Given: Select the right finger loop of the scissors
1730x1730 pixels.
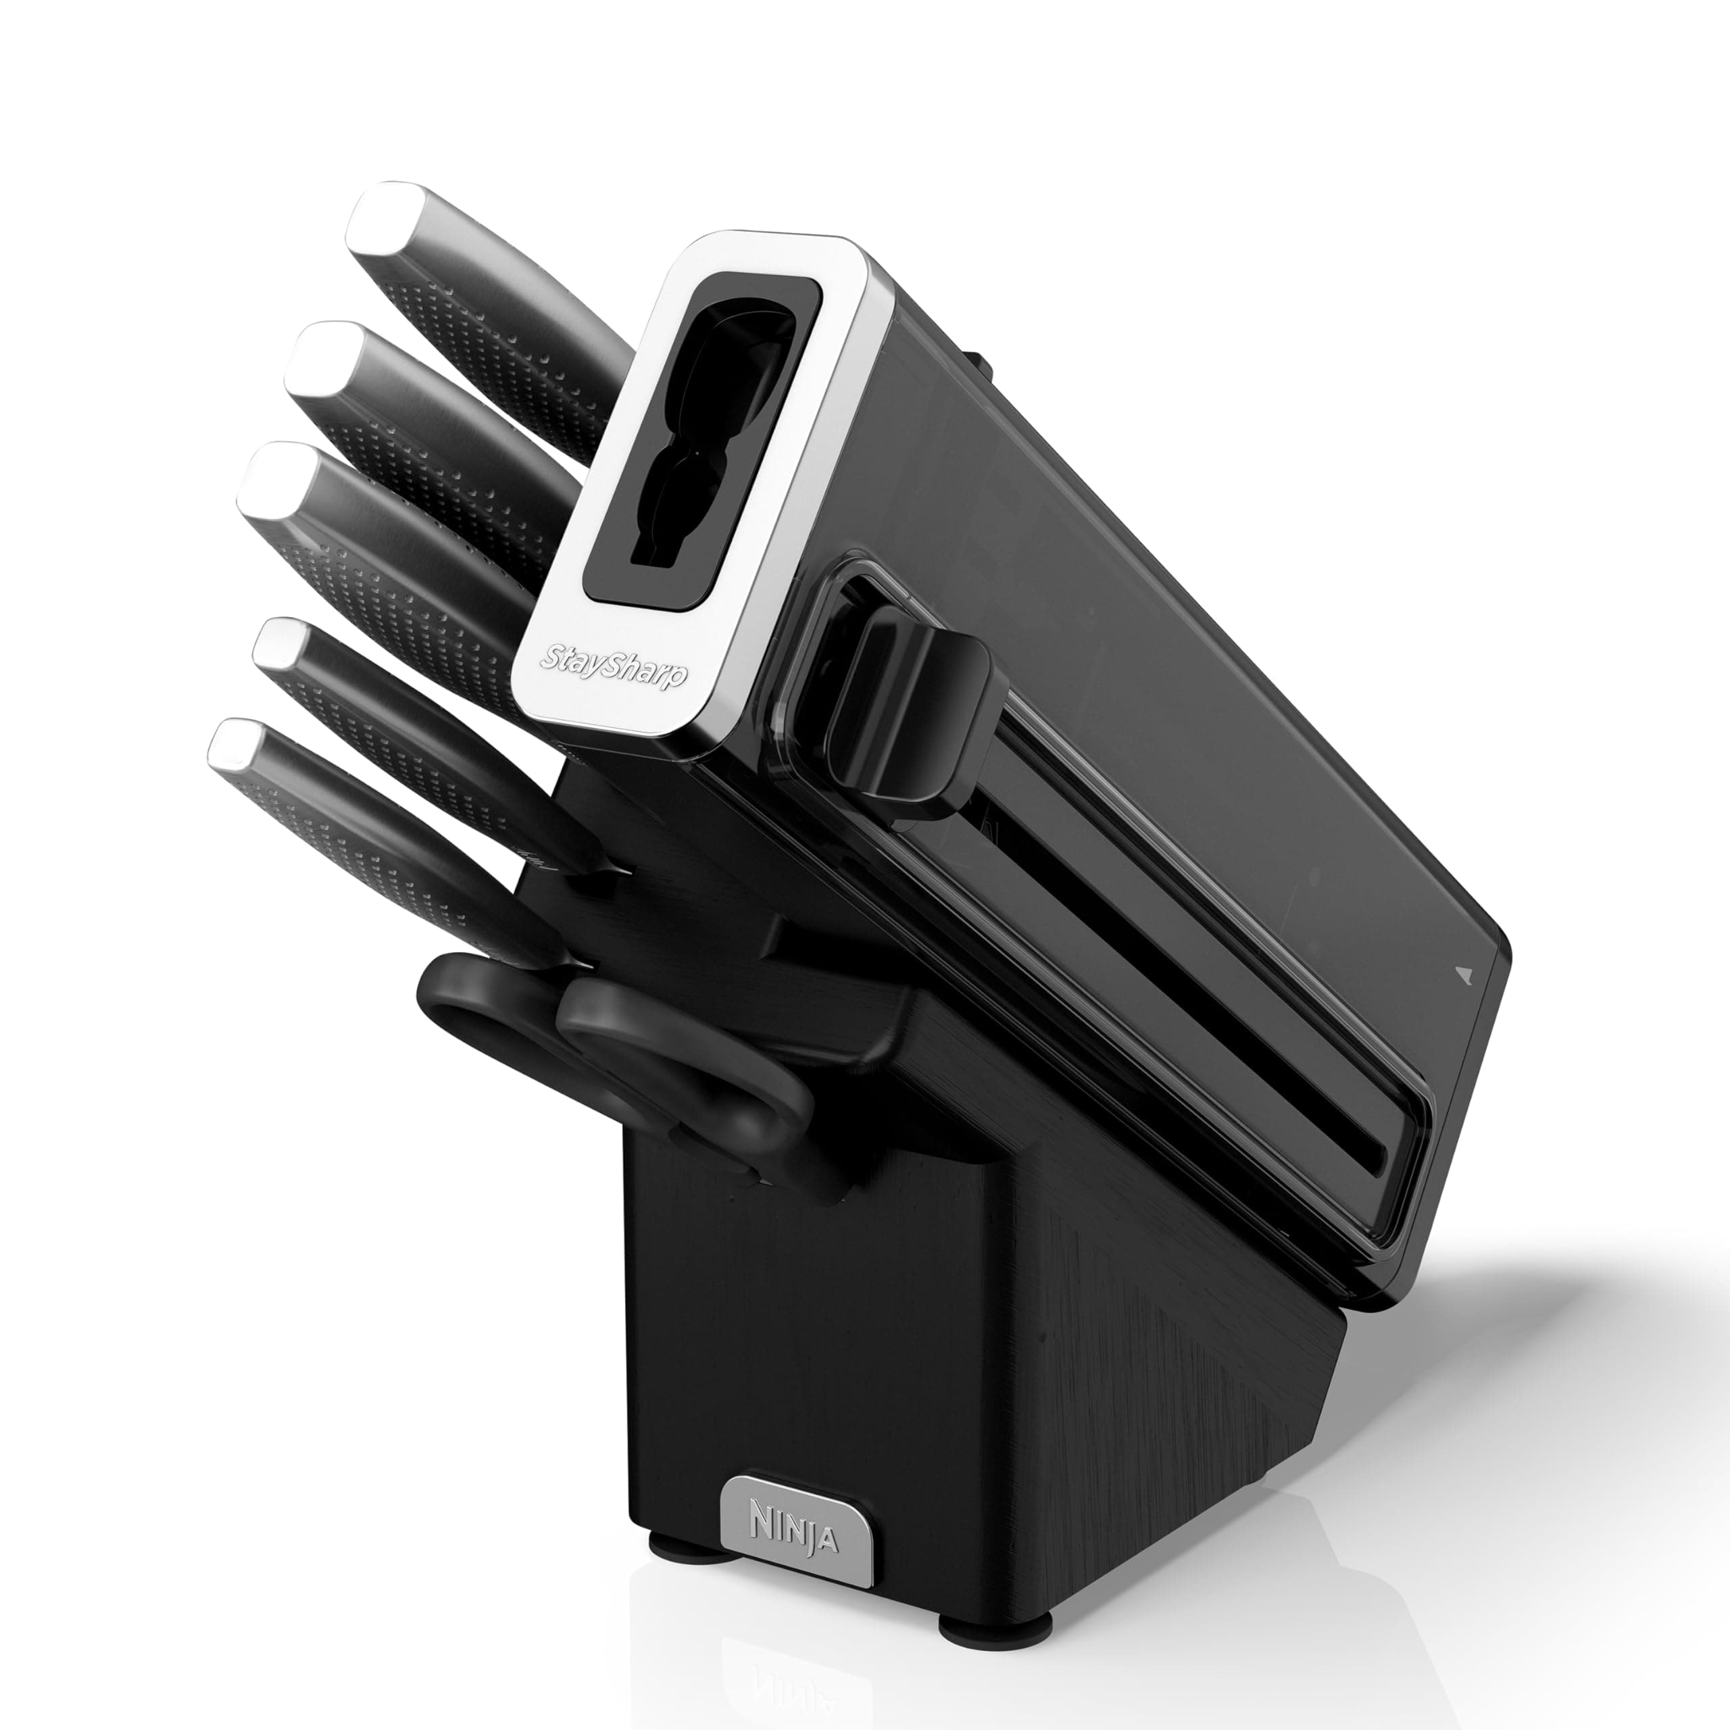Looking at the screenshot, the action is click(681, 1057).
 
